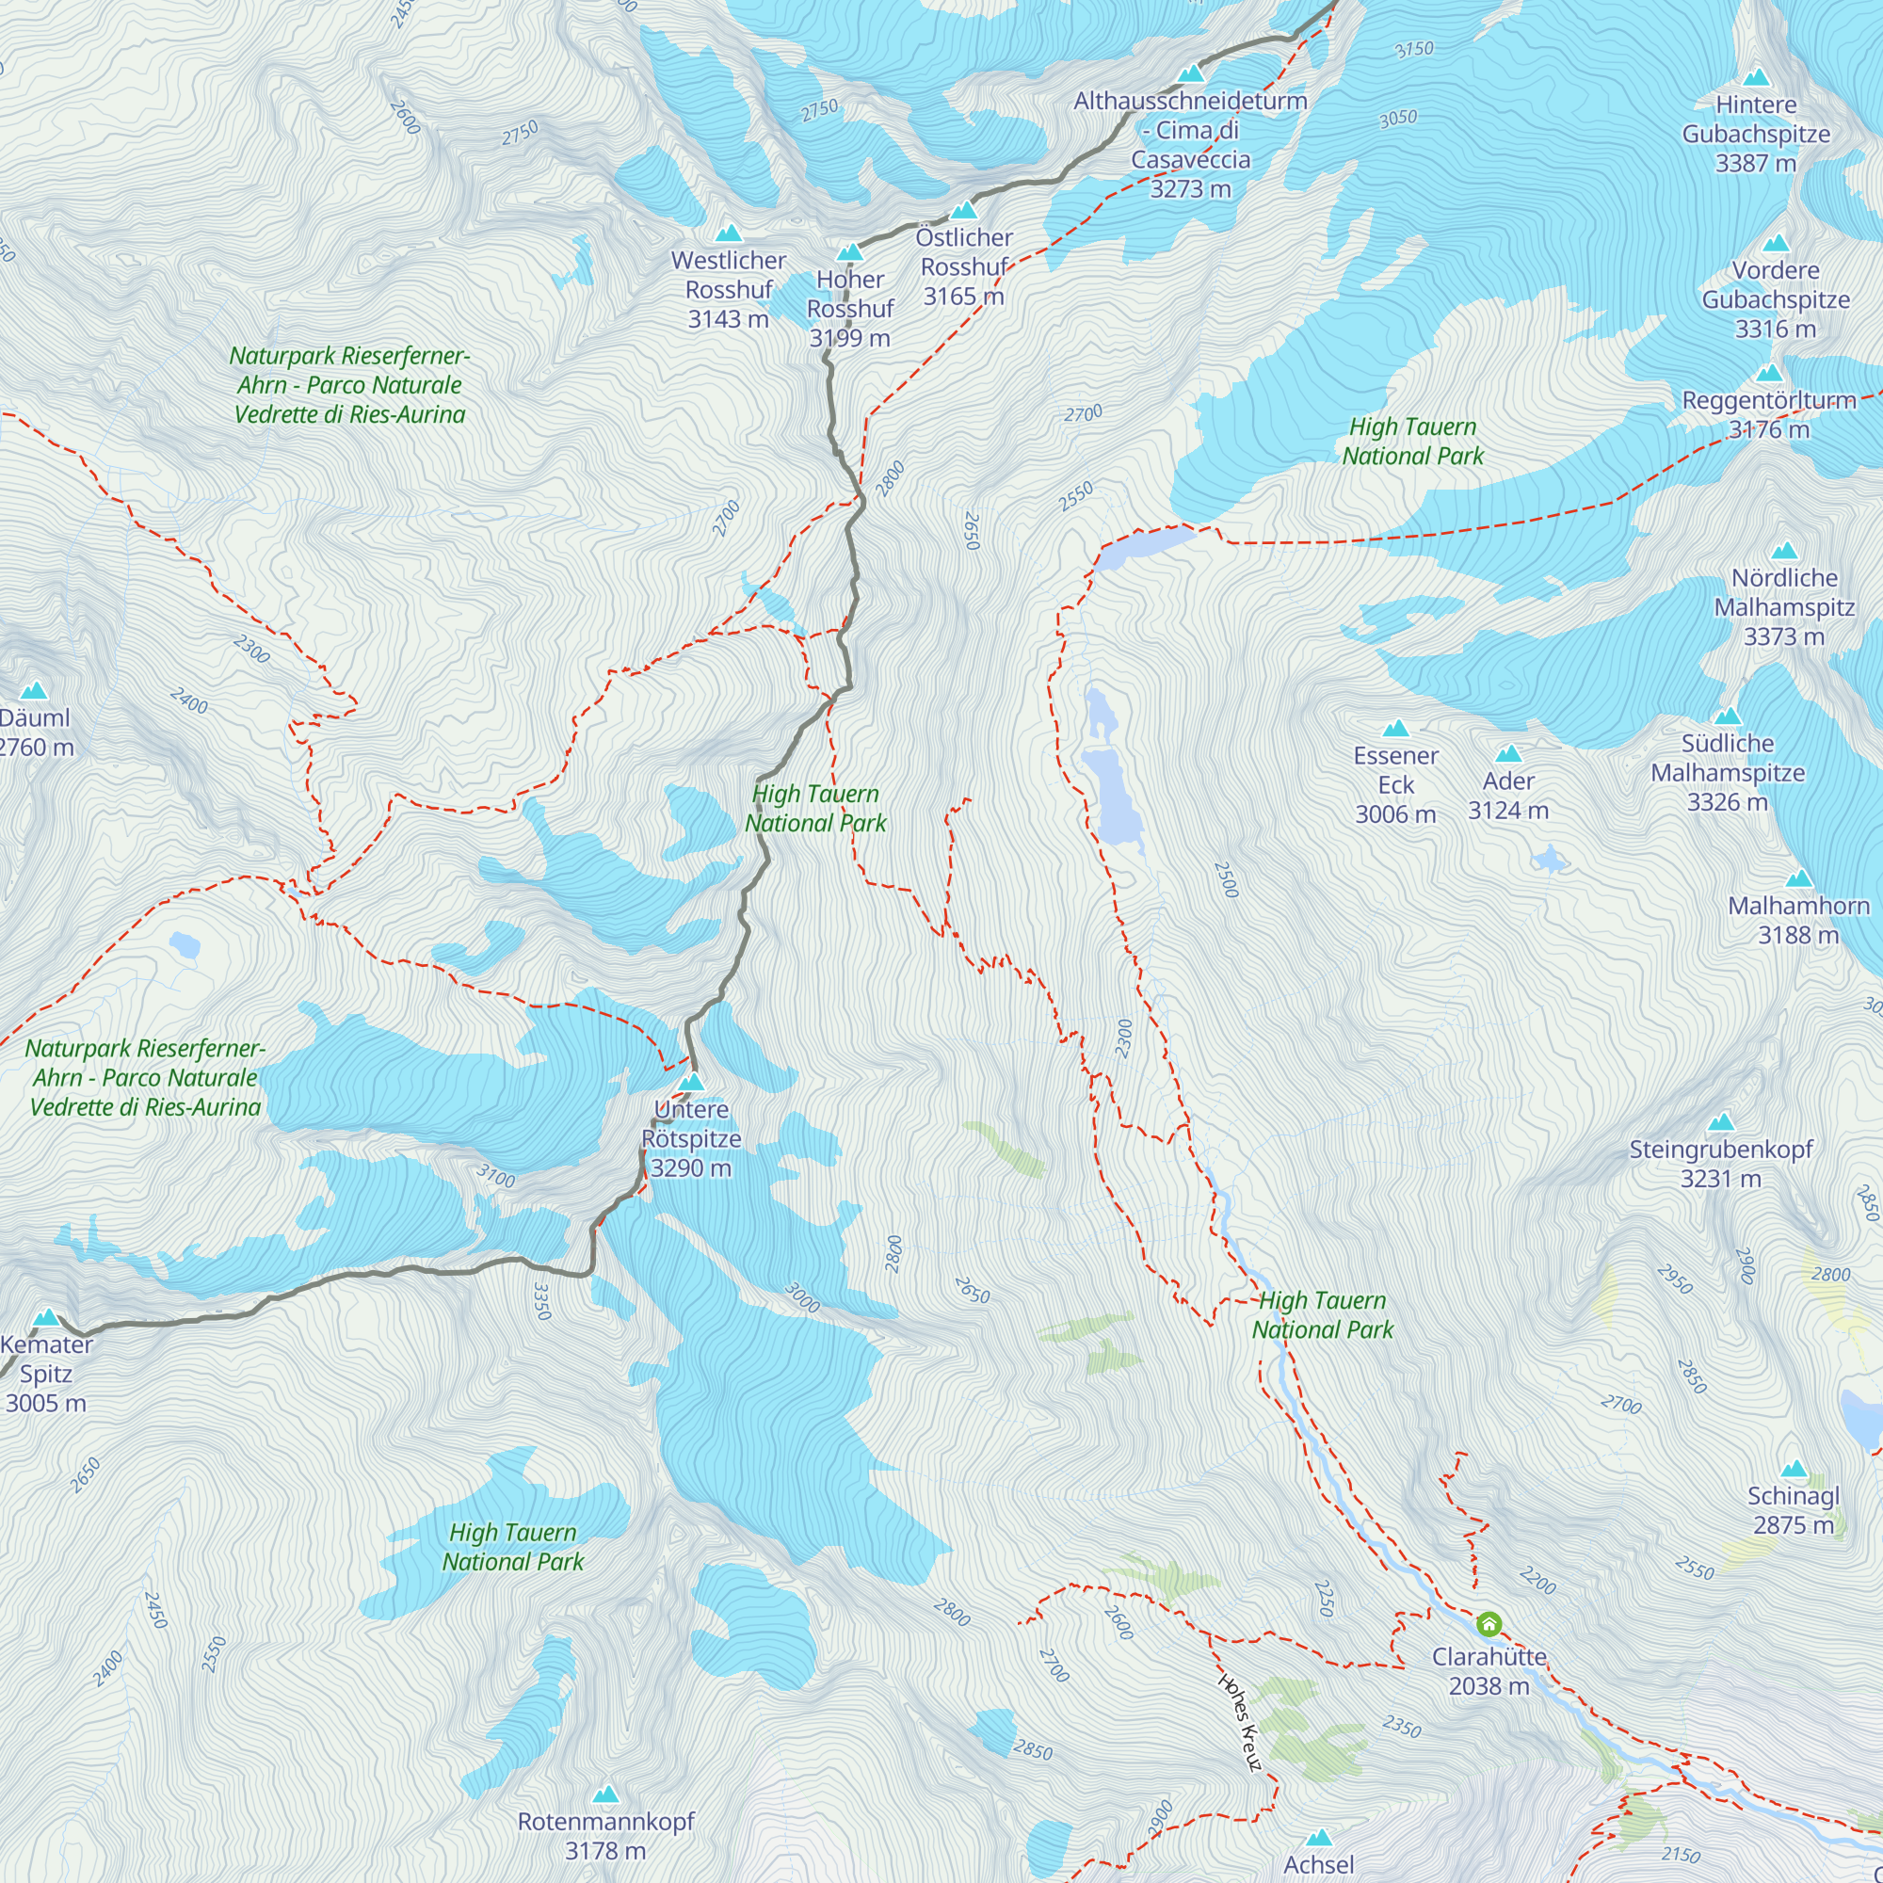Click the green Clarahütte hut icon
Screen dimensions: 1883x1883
[1489, 1624]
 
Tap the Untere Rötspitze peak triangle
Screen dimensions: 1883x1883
[691, 1082]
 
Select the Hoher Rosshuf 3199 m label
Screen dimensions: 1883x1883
[850, 308]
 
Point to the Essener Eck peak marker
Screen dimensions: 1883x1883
[1395, 728]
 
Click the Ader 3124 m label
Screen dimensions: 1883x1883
[1507, 796]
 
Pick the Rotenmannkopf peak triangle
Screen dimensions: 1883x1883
[605, 1794]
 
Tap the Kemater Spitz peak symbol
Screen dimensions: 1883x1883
[46, 1318]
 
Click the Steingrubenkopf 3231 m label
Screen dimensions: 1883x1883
[1720, 1164]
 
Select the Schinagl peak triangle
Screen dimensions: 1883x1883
[1794, 1469]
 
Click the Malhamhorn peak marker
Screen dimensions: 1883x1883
[1798, 878]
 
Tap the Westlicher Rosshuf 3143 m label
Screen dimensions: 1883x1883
[728, 289]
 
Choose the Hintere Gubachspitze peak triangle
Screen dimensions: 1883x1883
[1755, 77]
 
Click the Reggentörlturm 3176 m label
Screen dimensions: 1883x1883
[1769, 414]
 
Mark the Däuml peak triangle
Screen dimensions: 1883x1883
[34, 690]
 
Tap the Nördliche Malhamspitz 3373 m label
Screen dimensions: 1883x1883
[1783, 606]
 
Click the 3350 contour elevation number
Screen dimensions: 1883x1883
[543, 1301]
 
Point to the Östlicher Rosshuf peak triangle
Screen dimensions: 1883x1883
[963, 210]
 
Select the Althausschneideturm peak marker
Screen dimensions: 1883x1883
[1190, 73]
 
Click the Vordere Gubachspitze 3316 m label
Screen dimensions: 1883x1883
[1775, 299]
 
